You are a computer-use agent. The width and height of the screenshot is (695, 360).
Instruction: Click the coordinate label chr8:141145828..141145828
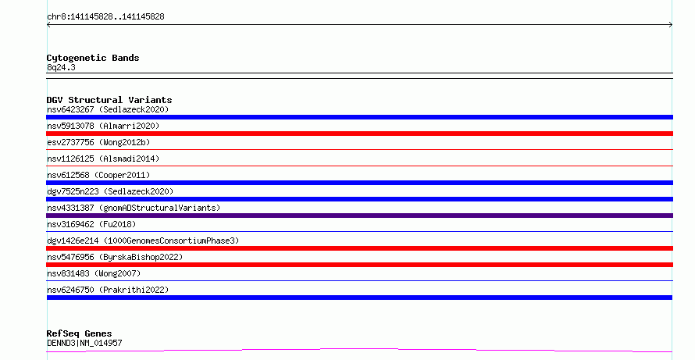(x=105, y=17)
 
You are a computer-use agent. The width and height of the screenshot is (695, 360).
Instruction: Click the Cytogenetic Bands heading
(x=93, y=58)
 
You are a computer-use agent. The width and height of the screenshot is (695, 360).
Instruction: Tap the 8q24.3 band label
(x=61, y=67)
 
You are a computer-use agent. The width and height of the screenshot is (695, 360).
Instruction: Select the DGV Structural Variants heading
(x=109, y=100)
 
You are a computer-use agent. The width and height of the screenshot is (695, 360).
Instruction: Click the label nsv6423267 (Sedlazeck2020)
(x=108, y=109)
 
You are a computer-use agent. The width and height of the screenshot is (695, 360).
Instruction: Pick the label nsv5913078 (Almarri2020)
(x=103, y=126)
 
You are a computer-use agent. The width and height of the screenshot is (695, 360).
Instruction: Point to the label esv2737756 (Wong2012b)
(x=98, y=142)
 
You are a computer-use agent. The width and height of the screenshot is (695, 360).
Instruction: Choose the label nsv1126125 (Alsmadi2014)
(x=103, y=159)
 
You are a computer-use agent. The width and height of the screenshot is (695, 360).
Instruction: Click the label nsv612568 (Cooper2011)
(x=98, y=175)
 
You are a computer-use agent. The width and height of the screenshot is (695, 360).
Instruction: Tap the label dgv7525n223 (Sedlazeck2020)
(x=110, y=191)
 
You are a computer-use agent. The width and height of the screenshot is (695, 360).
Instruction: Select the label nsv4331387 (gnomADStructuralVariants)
(x=134, y=208)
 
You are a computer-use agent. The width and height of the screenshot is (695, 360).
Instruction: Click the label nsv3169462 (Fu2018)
(x=91, y=224)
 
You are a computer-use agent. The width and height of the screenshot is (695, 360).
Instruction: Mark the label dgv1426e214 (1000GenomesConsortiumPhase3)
(x=143, y=241)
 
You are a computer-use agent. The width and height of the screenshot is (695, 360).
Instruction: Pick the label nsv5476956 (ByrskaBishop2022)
(x=115, y=257)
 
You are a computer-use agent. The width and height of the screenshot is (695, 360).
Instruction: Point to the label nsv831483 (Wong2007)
(x=94, y=273)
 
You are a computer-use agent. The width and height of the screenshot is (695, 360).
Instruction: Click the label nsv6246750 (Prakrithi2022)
(x=108, y=290)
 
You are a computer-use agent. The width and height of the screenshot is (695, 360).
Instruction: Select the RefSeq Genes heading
(x=80, y=333)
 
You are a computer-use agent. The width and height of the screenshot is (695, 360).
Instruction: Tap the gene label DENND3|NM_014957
(x=84, y=343)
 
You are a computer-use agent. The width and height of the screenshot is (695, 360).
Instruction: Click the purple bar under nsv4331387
(x=359, y=216)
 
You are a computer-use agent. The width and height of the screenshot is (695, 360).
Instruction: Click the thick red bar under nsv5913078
(x=359, y=134)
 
